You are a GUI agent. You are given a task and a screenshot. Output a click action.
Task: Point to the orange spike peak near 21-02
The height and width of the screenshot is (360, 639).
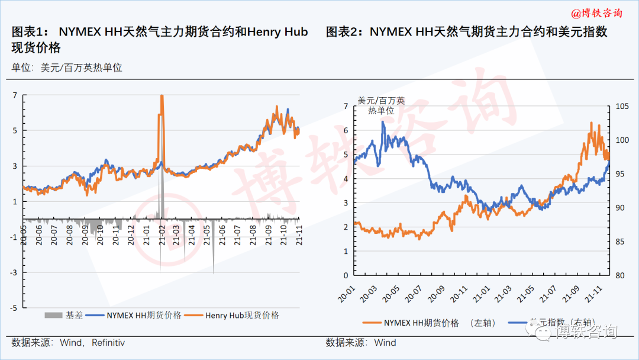[x=162, y=97]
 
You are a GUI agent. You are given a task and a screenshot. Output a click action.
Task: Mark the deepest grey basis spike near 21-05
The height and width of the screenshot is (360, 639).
[x=214, y=272]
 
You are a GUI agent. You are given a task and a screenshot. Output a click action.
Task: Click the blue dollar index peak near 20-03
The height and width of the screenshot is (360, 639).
[x=382, y=123]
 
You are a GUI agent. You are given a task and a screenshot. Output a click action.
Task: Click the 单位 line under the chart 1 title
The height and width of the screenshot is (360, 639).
[x=66, y=67]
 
